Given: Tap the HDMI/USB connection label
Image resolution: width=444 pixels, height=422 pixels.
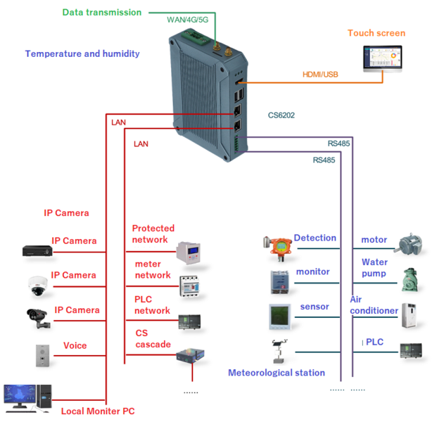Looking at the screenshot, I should pos(322,74).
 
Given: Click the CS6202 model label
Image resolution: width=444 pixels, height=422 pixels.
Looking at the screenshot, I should pos(283,115).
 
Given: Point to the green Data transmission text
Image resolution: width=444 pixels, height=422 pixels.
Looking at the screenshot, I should pos(101,12).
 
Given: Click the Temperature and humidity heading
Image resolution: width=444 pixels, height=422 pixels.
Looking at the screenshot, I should pos(82,53).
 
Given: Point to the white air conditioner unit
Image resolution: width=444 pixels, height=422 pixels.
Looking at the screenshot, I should pos(410,314).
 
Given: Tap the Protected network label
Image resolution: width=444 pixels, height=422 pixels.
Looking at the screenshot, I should pos(153,234).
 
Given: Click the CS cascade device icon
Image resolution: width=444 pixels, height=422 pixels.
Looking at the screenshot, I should pos(189,356).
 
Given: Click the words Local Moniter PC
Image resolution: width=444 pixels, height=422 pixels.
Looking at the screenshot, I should pos(97,411).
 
